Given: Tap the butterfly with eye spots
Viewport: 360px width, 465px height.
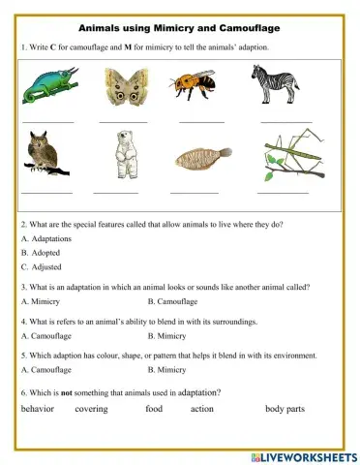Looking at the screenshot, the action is (121, 86).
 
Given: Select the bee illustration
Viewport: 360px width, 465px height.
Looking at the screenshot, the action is (197, 85).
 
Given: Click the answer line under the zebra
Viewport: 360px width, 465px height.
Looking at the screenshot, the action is (285, 122).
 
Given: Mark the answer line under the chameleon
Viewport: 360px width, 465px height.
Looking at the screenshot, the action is (47, 122).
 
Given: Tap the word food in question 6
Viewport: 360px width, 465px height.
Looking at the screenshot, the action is (154, 409).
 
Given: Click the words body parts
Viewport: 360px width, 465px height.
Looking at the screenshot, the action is (285, 409).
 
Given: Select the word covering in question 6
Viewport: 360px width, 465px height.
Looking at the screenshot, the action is (91, 409).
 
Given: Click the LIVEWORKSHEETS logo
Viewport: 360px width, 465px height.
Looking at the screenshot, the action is (303, 456).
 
